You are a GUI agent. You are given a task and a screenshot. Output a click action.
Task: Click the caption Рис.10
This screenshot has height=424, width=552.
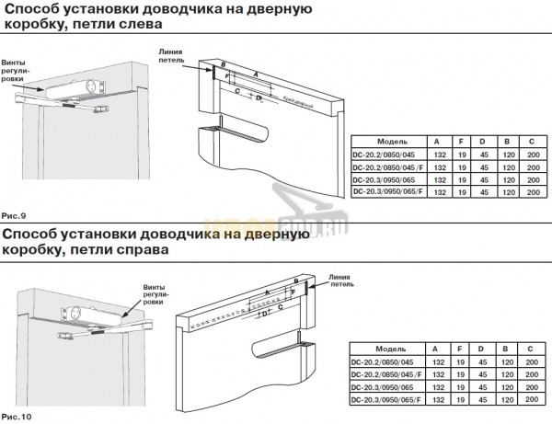click(x=15, y=415)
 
